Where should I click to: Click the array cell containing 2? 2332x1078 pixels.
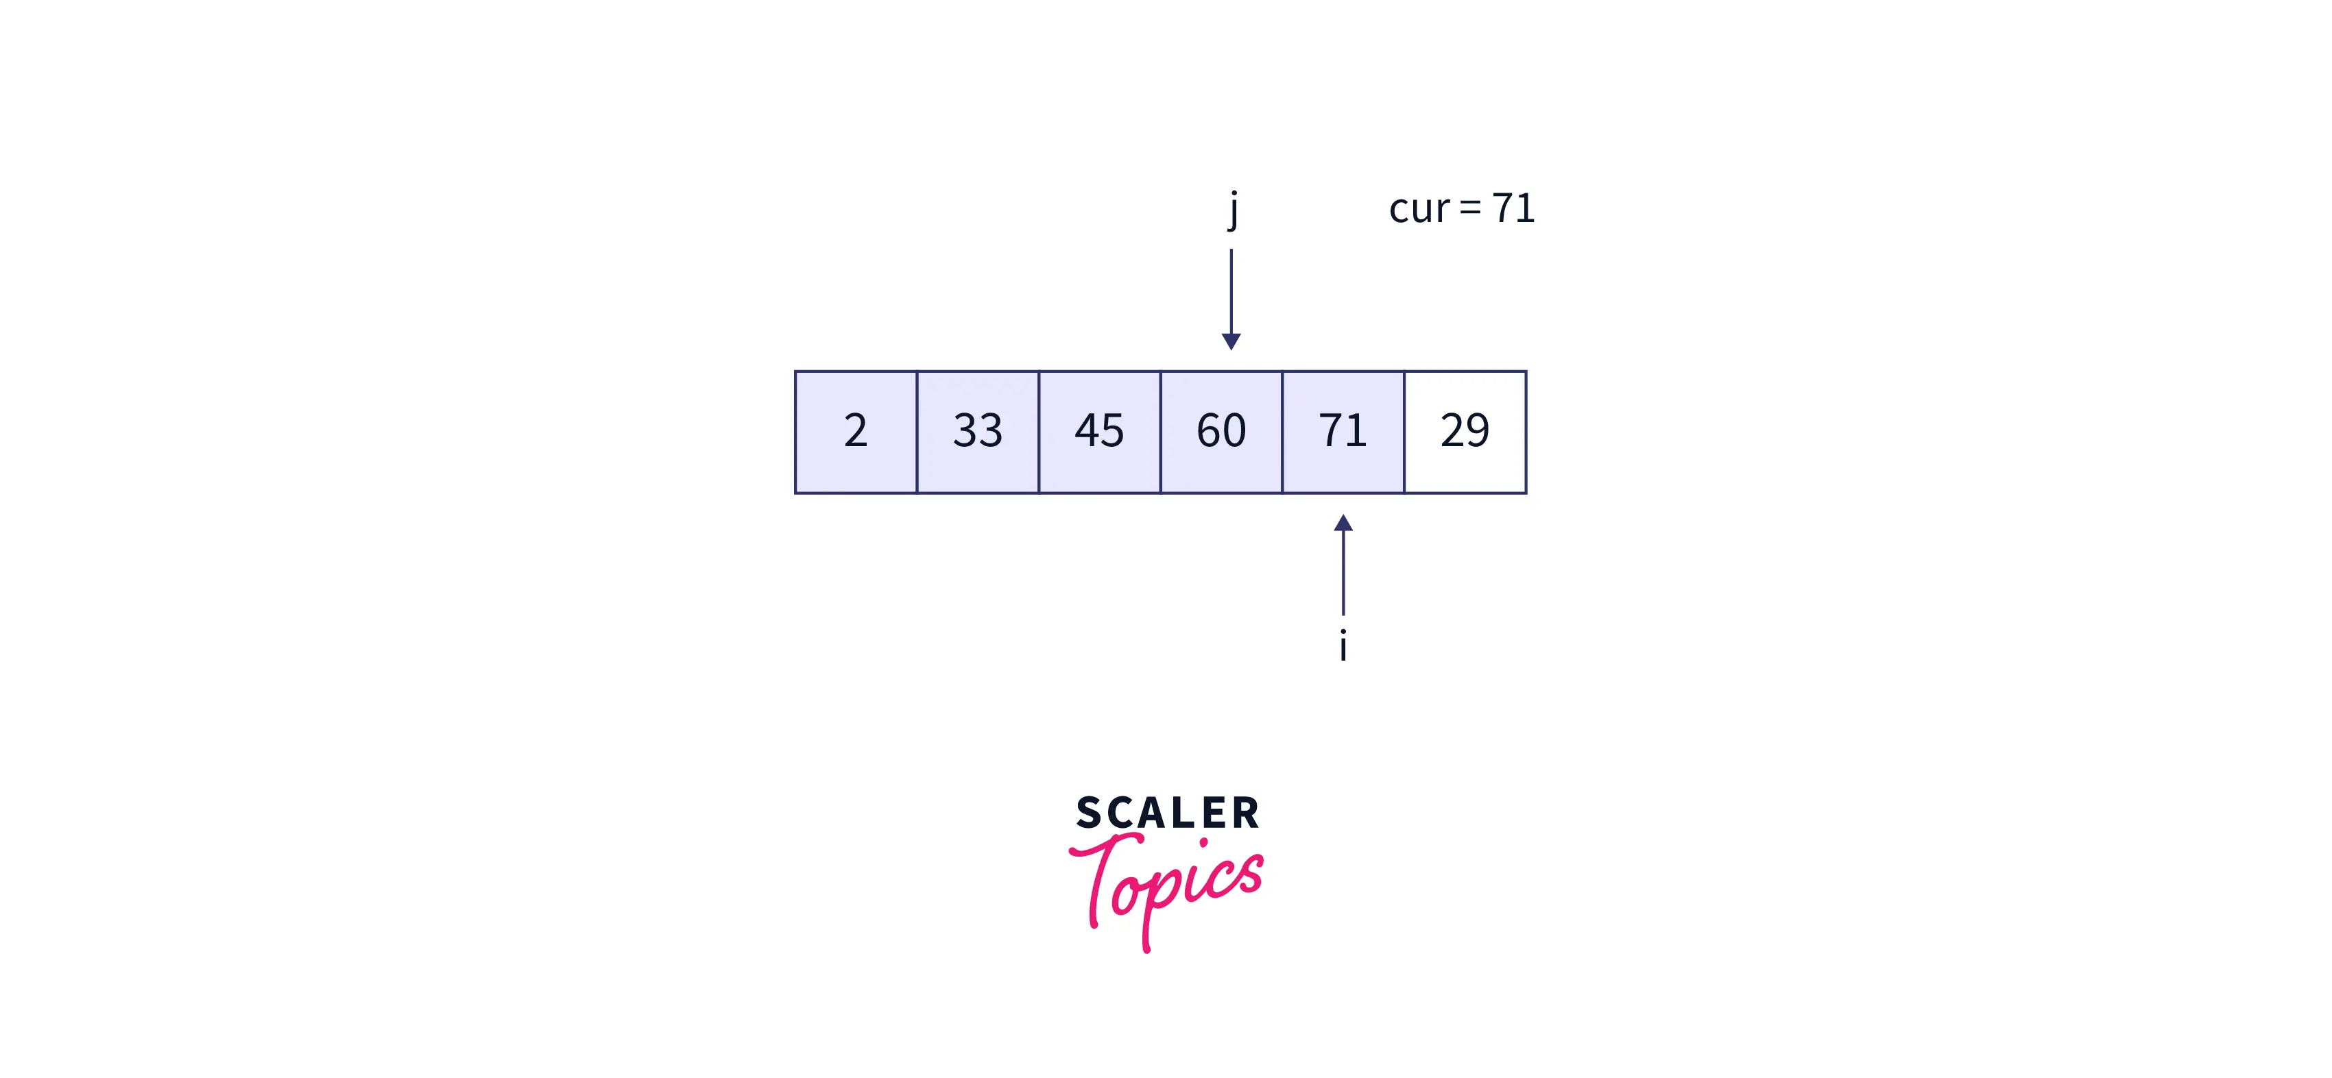click(856, 432)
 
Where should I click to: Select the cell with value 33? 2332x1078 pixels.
click(978, 432)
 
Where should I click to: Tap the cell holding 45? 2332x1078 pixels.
click(1100, 432)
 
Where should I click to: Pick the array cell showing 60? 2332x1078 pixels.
click(1221, 432)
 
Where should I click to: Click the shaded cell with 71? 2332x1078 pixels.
click(1343, 432)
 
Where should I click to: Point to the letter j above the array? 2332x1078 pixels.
click(1233, 210)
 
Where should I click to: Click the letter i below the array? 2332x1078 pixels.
click(1343, 646)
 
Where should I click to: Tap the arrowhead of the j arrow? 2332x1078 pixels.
click(1231, 341)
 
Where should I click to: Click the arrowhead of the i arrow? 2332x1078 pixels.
click(1343, 523)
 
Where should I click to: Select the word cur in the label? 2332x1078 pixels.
click(1419, 209)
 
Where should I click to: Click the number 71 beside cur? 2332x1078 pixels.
click(1513, 208)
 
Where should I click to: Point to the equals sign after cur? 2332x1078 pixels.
click(1471, 209)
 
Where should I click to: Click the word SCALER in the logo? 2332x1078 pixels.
click(1168, 813)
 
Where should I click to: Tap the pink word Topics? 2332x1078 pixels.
click(1166, 892)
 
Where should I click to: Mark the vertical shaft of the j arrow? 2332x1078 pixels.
click(1231, 291)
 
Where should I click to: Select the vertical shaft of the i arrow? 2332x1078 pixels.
click(1343, 573)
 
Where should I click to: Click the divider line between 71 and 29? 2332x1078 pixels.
click(1405, 432)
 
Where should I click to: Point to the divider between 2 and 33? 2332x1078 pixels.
click(917, 432)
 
